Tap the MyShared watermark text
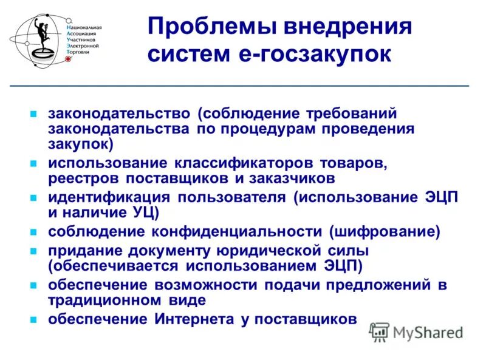coord(428,332)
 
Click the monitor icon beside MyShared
coord(380,331)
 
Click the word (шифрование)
coord(384,231)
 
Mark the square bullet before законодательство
coord(35,114)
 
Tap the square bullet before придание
coord(35,251)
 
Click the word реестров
coord(85,178)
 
